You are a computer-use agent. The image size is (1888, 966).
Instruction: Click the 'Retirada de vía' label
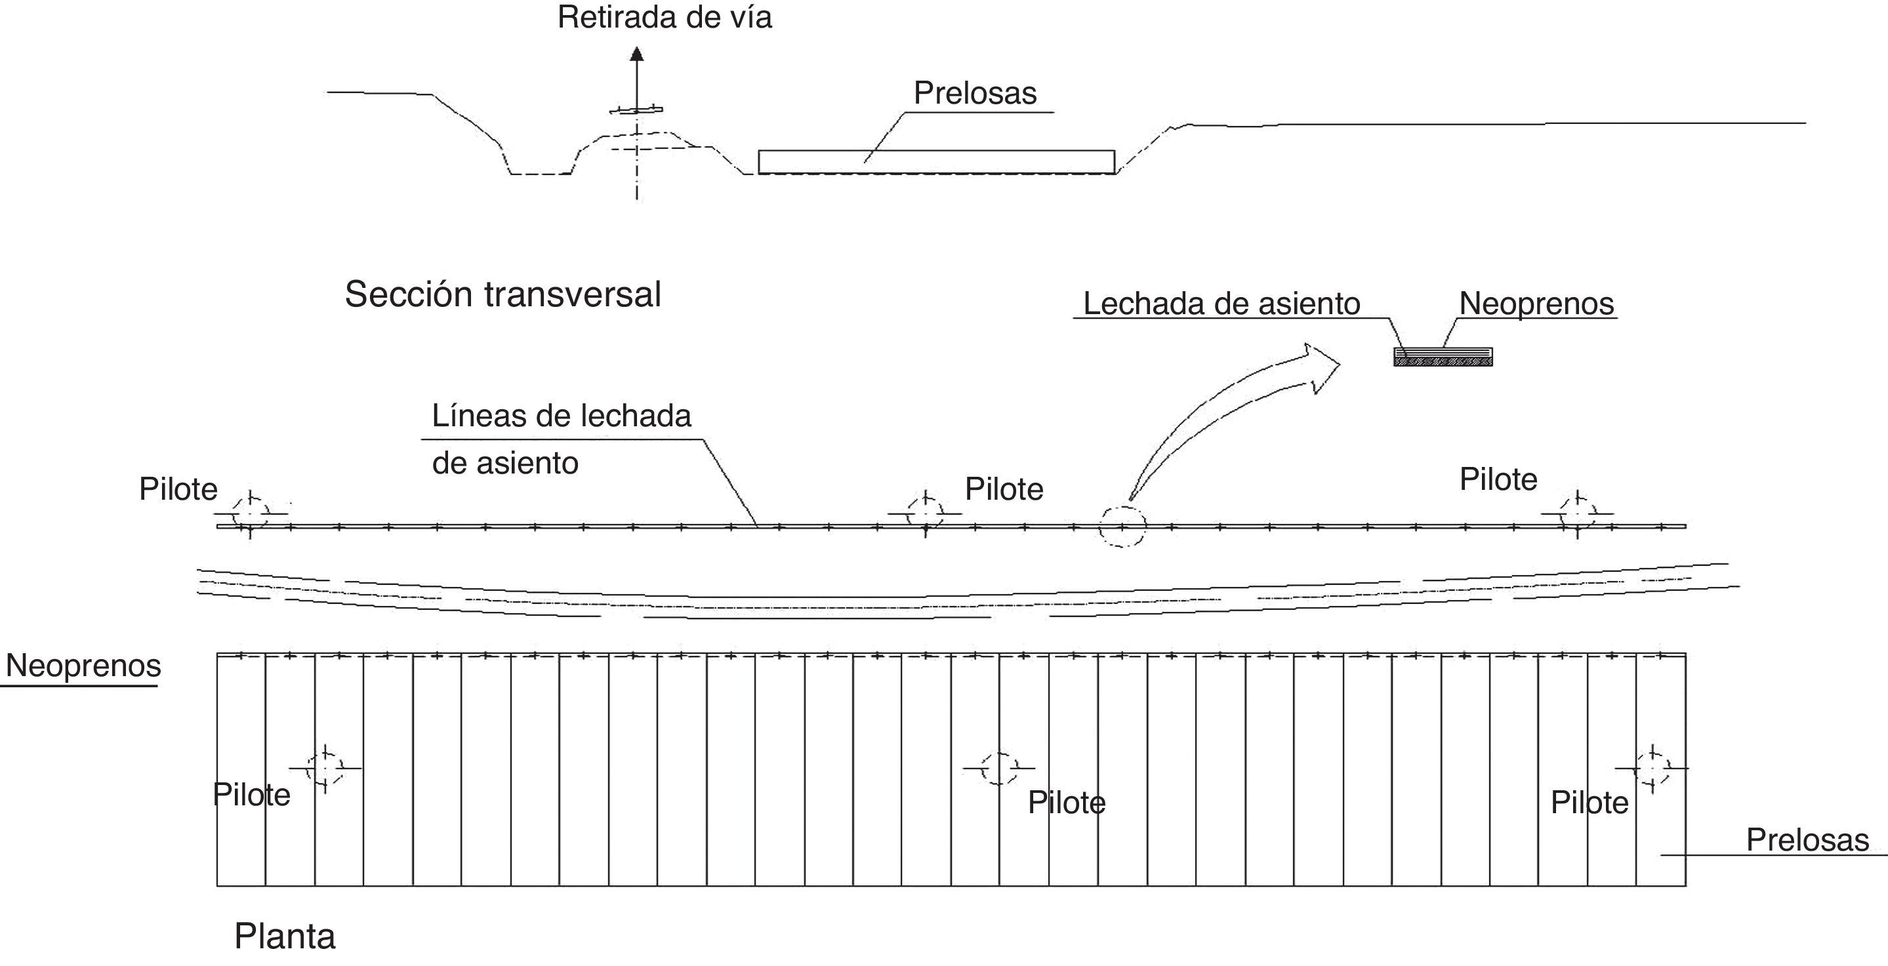tap(664, 18)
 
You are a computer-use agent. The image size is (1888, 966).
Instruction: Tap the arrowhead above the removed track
tap(637, 54)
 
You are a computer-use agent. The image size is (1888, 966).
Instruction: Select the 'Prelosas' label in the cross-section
tap(975, 93)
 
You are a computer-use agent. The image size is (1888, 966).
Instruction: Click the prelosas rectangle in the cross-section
tap(936, 162)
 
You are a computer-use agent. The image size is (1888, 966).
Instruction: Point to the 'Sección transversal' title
tap(503, 294)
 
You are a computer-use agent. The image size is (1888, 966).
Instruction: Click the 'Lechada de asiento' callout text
tap(1221, 304)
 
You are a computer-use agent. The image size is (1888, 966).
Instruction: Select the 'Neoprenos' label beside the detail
tap(1536, 304)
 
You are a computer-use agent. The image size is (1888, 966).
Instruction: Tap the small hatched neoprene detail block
tap(1443, 357)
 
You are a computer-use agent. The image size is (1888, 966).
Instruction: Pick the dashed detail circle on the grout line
tap(1121, 526)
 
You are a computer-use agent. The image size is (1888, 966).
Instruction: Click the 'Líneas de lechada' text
tap(562, 416)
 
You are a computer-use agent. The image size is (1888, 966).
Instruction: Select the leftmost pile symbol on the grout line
tap(250, 513)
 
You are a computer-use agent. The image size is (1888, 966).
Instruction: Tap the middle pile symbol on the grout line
tap(925, 513)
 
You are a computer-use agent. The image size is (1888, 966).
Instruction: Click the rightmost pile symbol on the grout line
tap(1577, 513)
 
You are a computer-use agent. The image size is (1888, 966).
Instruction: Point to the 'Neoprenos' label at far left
tap(83, 666)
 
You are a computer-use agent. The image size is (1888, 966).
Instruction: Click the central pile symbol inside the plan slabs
tap(998, 768)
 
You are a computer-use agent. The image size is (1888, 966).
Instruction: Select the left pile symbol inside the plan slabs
tap(325, 768)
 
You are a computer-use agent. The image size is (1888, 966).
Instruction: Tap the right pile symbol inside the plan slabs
tap(1652, 768)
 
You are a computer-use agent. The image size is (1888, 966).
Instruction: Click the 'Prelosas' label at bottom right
tap(1807, 840)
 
